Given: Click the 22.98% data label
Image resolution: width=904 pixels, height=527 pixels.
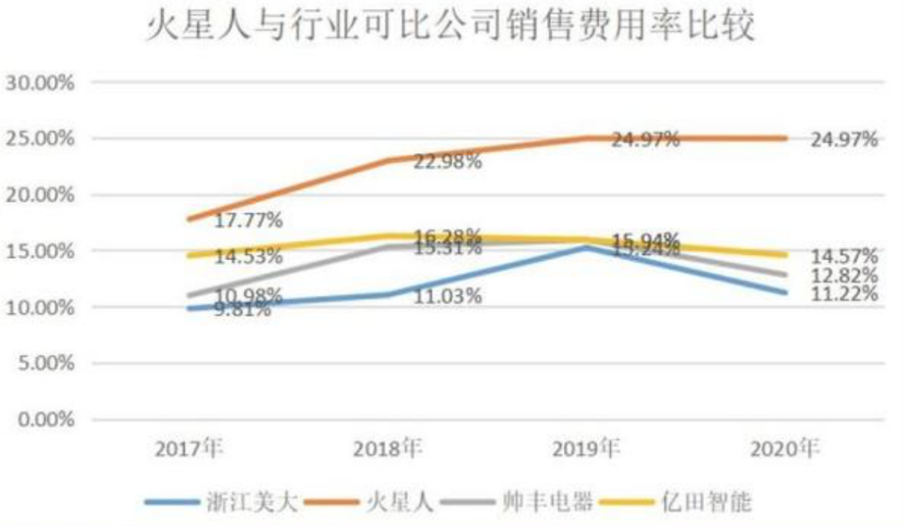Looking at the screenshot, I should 448,162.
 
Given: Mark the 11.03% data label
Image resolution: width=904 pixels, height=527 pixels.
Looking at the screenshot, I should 448,296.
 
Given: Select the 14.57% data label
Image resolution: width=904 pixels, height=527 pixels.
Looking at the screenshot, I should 844,256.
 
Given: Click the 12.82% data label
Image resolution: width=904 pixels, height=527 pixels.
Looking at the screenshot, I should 844,275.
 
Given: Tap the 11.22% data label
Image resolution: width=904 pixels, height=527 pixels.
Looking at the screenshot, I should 844,294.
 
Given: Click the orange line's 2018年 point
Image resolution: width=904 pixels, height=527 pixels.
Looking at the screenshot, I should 389,160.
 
